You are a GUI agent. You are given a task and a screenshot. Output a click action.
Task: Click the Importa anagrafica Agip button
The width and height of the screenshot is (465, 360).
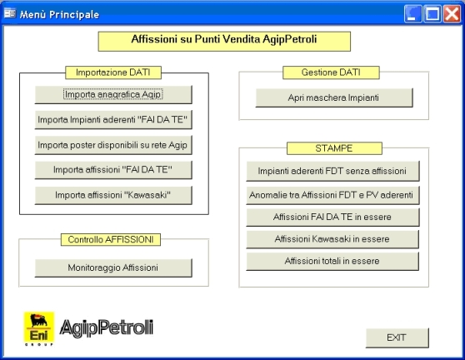tap(113, 95)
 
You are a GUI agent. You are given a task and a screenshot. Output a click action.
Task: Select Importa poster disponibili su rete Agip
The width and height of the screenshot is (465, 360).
tap(113, 145)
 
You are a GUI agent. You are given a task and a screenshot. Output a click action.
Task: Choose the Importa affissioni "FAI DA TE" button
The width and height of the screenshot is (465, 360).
tap(113, 170)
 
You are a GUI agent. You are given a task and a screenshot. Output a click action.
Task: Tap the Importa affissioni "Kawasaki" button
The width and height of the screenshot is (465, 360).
tap(113, 195)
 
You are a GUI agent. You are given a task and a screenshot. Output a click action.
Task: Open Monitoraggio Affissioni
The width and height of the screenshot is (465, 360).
tap(113, 267)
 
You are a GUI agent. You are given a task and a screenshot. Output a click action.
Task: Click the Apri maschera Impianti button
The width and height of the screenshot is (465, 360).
tap(334, 97)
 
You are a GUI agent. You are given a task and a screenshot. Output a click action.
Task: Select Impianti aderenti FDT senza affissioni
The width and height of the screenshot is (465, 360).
tap(332, 171)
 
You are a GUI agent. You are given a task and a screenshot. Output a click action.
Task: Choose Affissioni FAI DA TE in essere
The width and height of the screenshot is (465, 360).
tap(332, 217)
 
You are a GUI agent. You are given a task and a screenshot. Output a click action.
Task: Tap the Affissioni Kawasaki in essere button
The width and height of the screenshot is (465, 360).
tap(332, 239)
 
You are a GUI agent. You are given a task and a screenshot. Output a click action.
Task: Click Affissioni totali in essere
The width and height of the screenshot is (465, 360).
tap(332, 261)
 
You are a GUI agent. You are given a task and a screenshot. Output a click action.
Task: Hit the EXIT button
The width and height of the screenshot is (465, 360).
tap(397, 337)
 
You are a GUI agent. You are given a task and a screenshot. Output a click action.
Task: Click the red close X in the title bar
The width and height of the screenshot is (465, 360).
tap(452, 13)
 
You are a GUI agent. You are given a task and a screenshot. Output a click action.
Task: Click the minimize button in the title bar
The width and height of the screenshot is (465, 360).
tap(412, 13)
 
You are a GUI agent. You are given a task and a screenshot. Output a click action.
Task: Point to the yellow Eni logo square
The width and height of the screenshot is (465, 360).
tap(39, 328)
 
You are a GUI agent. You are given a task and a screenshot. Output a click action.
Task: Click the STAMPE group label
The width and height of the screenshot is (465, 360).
tap(334, 148)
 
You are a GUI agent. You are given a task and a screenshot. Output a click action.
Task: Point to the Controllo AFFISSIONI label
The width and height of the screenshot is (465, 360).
tap(111, 240)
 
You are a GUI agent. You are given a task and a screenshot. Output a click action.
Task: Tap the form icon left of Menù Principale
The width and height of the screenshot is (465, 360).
tap(10, 13)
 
